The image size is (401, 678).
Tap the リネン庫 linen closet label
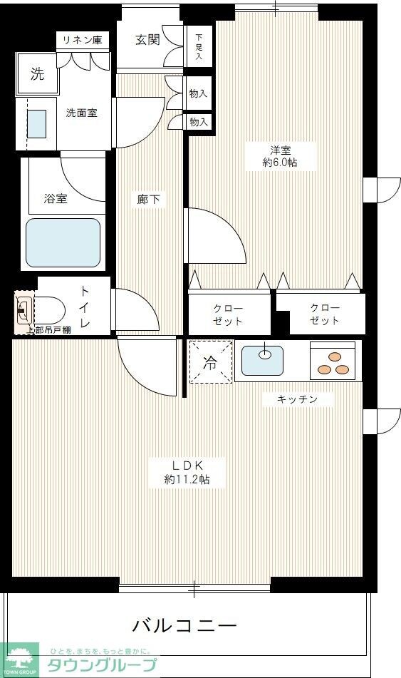[83, 40]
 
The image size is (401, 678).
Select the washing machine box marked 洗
[36, 73]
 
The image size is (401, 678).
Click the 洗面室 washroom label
[81, 113]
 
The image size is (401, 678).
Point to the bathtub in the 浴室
[63, 242]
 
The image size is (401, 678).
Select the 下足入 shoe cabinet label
[199, 47]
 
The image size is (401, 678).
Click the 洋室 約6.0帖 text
[280, 156]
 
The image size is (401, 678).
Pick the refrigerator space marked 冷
[211, 362]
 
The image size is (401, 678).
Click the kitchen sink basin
[262, 359]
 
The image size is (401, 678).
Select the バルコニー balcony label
[184, 626]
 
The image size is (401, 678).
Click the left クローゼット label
[228, 314]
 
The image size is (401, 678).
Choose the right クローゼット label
[324, 314]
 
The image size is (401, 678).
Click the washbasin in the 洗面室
[36, 123]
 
